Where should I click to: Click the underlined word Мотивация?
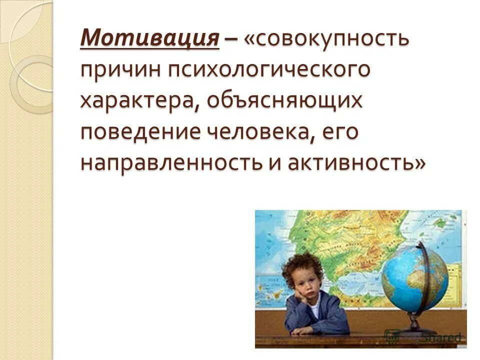(150, 38)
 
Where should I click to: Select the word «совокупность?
(327, 38)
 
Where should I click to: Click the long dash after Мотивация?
(231, 39)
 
